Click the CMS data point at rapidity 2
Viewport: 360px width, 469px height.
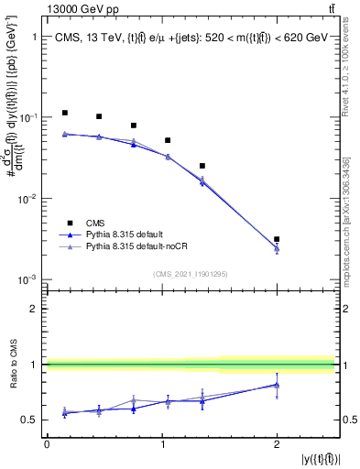click(277, 239)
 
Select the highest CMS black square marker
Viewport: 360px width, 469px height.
click(64, 113)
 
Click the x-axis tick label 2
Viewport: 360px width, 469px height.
click(277, 443)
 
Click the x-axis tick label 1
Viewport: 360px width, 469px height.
click(161, 443)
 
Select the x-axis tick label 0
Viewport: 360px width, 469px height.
click(47, 443)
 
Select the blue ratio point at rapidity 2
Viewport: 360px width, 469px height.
click(277, 385)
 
